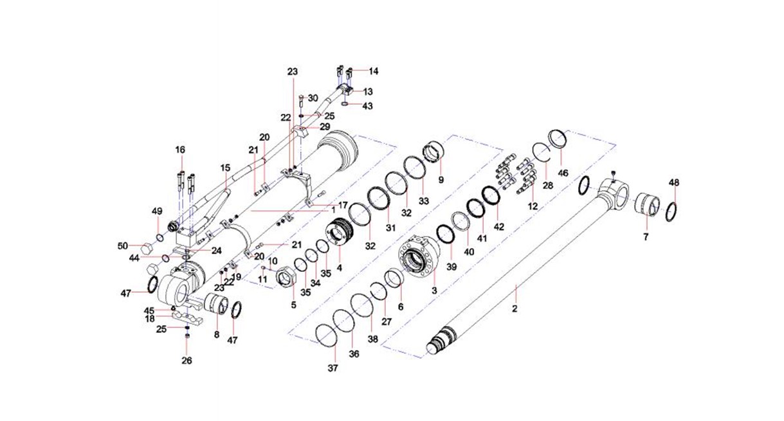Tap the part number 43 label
coord(367,105)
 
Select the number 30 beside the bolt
coord(313,98)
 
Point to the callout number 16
coord(180,150)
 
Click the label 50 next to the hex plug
coord(123,246)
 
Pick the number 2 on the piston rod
coord(515,310)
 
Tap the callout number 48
coord(674,183)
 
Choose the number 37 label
coord(333,368)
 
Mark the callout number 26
coord(187,361)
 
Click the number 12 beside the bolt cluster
coord(533,207)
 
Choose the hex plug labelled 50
coord(145,246)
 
